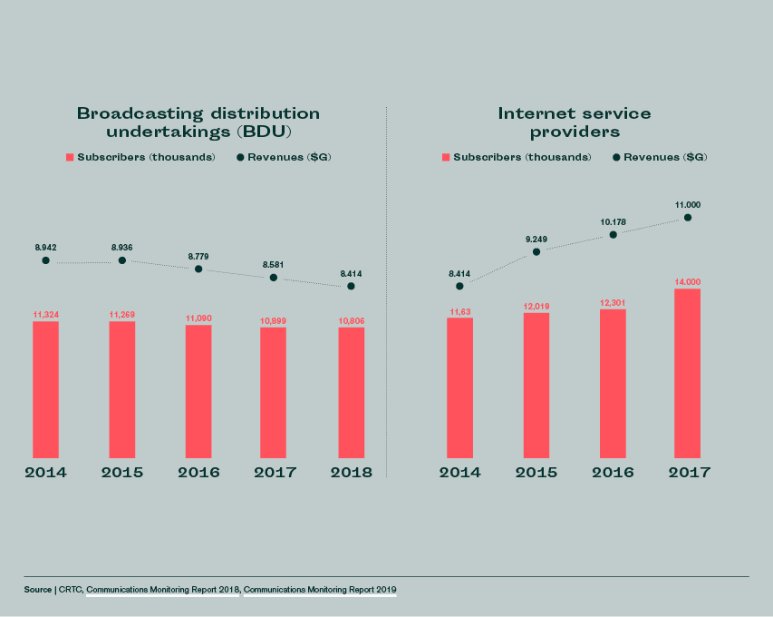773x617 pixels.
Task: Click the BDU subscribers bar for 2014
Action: [45, 389]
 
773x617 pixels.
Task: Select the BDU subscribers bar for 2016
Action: [198, 391]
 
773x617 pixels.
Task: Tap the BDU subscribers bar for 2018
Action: [352, 392]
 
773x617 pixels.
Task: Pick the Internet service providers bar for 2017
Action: [688, 373]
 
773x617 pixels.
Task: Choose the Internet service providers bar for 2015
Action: [536, 385]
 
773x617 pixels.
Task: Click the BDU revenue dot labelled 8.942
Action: [45, 260]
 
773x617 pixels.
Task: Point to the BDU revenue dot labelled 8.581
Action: [274, 278]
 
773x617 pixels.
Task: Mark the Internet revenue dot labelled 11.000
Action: [689, 218]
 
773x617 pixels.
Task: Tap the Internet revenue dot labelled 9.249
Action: [536, 251]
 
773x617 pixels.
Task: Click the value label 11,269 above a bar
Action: [122, 315]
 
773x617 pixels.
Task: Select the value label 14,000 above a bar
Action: [688, 282]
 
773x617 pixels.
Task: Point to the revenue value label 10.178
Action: [613, 220]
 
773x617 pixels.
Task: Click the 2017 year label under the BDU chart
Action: [275, 473]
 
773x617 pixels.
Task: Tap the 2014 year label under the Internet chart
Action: [460, 473]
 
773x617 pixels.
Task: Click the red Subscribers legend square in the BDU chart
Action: [69, 158]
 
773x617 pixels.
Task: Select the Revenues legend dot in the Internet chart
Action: [616, 158]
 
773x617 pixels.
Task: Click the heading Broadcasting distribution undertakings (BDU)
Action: [198, 122]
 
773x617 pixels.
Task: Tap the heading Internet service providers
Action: [575, 122]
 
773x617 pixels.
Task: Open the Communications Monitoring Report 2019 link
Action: [320, 590]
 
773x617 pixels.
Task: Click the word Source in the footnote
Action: [38, 590]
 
